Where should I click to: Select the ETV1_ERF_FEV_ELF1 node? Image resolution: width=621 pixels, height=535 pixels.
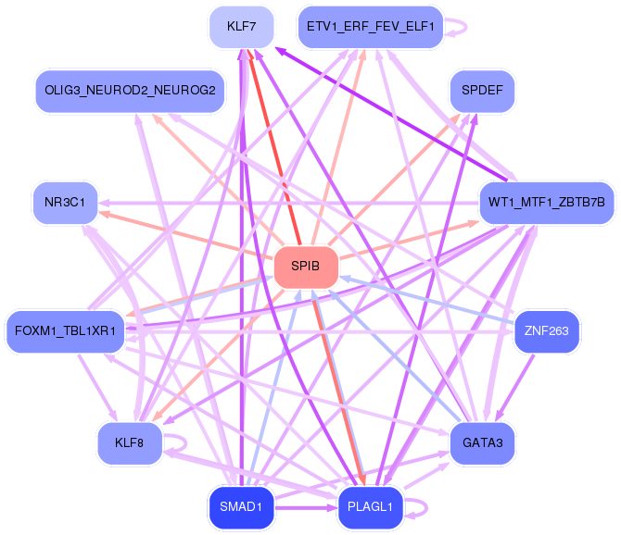tap(369, 27)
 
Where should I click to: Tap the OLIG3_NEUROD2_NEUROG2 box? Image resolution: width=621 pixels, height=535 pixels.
tap(130, 91)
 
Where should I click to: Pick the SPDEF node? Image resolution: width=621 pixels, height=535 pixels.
tap(482, 91)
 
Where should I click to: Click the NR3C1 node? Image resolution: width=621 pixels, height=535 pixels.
tap(65, 201)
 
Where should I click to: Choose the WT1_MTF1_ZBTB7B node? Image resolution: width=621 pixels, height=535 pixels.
tap(547, 201)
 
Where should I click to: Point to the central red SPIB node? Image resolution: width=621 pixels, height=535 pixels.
tap(305, 267)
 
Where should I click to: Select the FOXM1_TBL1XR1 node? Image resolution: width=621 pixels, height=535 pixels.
tap(65, 330)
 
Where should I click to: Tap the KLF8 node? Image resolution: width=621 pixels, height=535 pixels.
tap(130, 442)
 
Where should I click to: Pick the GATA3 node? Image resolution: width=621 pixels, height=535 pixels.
tap(482, 442)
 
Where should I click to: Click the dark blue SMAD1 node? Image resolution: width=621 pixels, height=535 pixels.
tap(241, 506)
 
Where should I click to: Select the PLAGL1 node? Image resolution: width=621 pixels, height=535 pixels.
tap(370, 506)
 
